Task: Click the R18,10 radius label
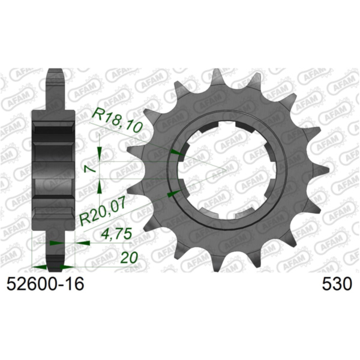click(117, 122)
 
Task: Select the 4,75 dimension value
click(117, 234)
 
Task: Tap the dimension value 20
click(129, 257)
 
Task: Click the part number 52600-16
click(45, 284)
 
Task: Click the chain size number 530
click(337, 284)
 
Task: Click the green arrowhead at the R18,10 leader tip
click(177, 152)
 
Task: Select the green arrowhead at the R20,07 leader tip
click(174, 194)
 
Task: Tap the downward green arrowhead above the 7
click(99, 154)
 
